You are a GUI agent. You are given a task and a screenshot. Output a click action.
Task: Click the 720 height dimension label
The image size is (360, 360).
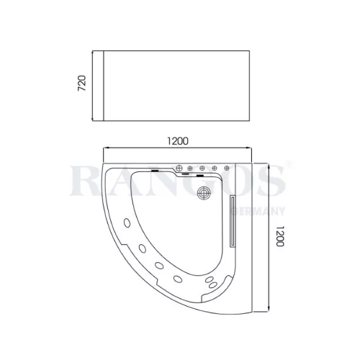(82, 83)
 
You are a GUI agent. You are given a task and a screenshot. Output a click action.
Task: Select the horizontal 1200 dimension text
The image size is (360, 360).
(178, 141)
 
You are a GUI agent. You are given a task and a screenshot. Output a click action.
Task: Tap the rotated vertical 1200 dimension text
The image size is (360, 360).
(280, 236)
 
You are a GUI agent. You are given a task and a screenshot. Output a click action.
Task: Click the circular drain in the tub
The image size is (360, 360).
(204, 193)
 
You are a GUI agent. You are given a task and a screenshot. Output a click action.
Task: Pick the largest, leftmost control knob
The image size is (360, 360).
(179, 168)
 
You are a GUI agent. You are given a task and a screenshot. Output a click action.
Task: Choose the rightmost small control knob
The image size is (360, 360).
(227, 168)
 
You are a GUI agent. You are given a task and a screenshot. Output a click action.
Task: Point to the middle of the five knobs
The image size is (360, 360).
(202, 168)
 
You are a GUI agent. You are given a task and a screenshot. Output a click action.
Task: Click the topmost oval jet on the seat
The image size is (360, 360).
(127, 222)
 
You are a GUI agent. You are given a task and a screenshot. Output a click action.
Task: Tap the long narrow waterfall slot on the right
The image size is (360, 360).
(232, 221)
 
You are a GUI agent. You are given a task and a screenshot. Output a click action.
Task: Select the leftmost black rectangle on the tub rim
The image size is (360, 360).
(155, 171)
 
